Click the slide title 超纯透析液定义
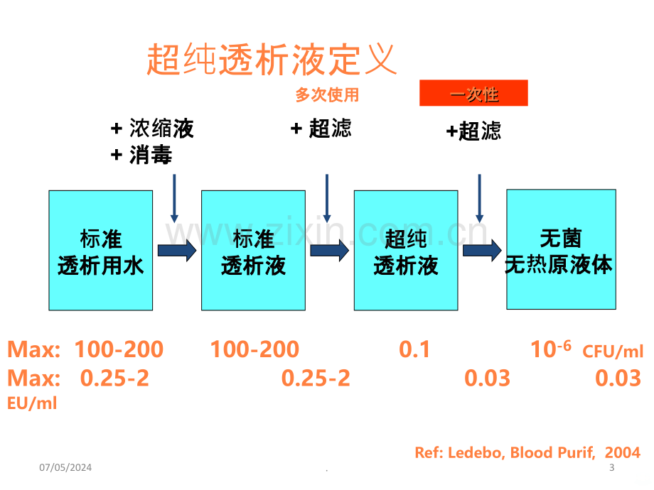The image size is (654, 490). click(x=271, y=60)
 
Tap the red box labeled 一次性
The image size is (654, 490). click(x=473, y=93)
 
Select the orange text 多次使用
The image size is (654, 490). click(x=327, y=95)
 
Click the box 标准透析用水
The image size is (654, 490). click(x=100, y=251)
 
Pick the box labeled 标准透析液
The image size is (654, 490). click(x=253, y=251)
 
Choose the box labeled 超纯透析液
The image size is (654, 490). click(x=406, y=251)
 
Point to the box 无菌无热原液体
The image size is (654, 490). click(x=561, y=249)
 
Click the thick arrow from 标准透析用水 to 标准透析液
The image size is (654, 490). click(x=177, y=251)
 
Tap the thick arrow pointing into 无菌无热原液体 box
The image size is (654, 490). click(x=482, y=251)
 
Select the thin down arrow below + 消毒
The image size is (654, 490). click(x=174, y=198)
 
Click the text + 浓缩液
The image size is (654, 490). click(x=152, y=128)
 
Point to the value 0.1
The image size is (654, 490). click(x=414, y=349)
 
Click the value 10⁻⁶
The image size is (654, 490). click(x=550, y=349)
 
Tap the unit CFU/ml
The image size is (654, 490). click(x=613, y=352)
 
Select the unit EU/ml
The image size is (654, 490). click(x=32, y=403)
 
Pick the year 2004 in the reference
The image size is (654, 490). click(x=622, y=452)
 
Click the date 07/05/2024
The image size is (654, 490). click(x=65, y=467)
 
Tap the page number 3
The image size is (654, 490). click(x=611, y=467)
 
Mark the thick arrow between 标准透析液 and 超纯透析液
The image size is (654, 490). click(x=330, y=251)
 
